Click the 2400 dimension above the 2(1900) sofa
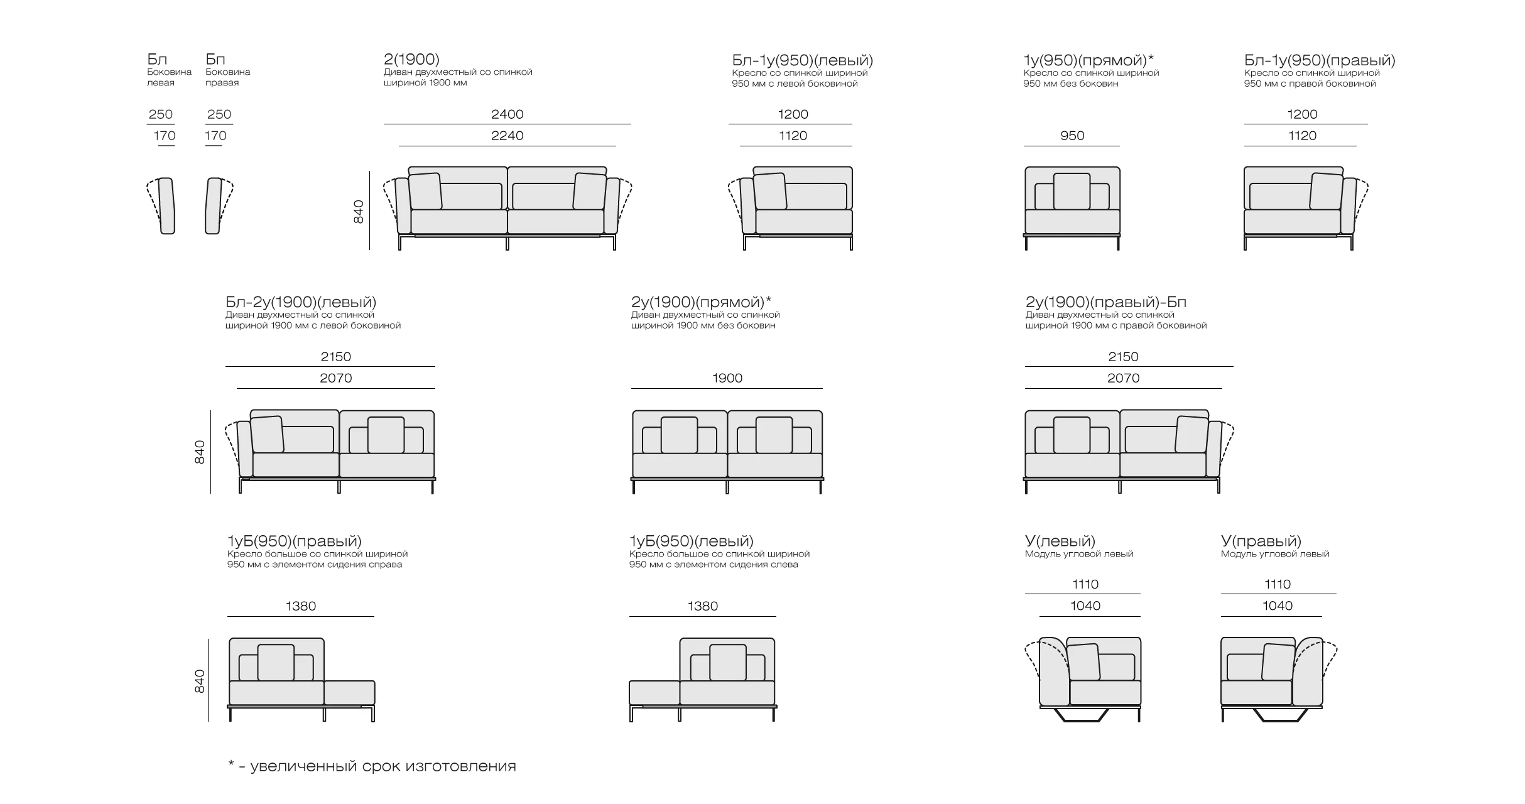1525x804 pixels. click(x=507, y=114)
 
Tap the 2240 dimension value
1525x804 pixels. click(x=507, y=136)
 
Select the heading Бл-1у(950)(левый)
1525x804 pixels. click(x=802, y=61)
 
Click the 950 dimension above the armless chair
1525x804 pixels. click(x=1072, y=136)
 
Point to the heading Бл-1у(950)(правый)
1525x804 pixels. click(x=1320, y=61)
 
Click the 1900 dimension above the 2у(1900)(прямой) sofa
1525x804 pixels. click(x=727, y=378)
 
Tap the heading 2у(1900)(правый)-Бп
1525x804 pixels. click(x=1106, y=303)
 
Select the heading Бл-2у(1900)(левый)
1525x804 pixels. click(x=301, y=303)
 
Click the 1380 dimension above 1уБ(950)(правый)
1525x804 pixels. click(x=301, y=606)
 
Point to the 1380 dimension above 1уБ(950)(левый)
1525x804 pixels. click(x=703, y=606)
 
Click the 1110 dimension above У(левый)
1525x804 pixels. click(x=1085, y=584)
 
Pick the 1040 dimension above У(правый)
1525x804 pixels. click(x=1278, y=606)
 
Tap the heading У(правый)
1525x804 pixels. click(x=1261, y=541)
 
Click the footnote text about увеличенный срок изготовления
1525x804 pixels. click(x=372, y=766)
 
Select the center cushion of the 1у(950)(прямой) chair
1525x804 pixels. click(x=1072, y=192)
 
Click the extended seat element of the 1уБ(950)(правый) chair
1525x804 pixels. click(x=350, y=693)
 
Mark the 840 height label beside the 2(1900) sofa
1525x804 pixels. click(x=359, y=212)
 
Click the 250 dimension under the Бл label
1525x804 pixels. click(x=161, y=114)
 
